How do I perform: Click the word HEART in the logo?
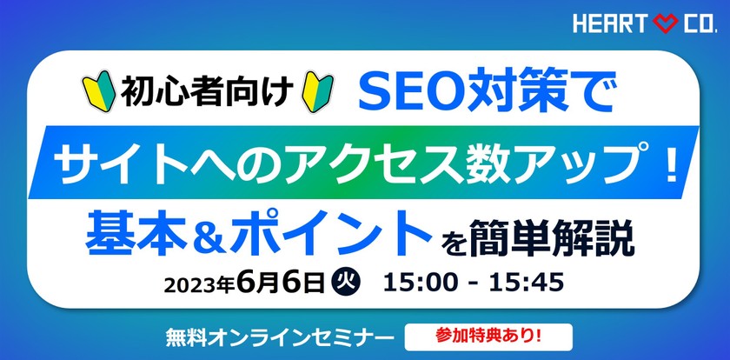610,24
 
